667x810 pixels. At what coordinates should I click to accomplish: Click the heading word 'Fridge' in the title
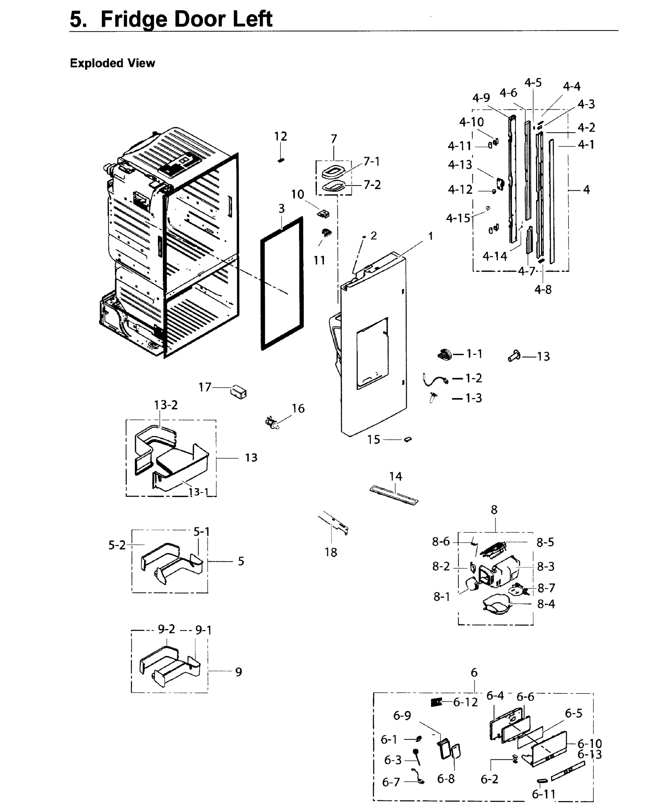pos(134,19)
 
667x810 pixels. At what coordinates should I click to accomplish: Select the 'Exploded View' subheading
pos(112,63)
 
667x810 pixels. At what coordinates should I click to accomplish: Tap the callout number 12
pos(281,136)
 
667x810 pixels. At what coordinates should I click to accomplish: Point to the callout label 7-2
pos(372,185)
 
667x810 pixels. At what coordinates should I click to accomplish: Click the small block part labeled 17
pos(238,392)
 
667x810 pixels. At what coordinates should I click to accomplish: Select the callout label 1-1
pos(474,354)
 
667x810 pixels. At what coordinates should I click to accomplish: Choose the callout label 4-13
pos(459,165)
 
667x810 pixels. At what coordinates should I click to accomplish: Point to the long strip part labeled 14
pos(394,495)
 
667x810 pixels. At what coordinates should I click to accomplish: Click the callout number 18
pos(330,552)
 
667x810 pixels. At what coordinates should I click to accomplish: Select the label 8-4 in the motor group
pos(546,604)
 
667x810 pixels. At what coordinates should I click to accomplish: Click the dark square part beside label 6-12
pos(436,702)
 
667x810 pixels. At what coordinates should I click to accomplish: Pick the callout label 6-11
pos(544,794)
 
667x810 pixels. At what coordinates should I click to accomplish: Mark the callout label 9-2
pos(166,629)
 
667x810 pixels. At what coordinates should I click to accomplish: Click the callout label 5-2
pos(117,545)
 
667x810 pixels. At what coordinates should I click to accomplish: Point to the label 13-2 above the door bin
pos(166,405)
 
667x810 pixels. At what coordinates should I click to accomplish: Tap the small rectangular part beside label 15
pos(408,439)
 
